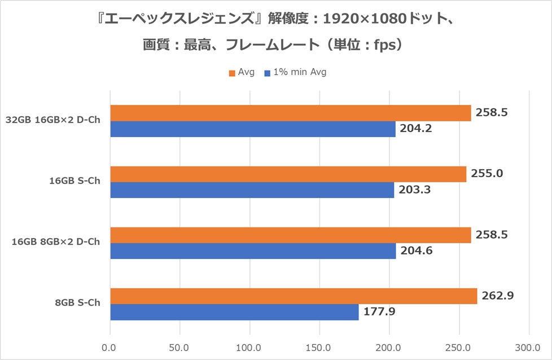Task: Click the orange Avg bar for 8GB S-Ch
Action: coord(293,296)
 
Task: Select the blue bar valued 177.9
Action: coord(234,312)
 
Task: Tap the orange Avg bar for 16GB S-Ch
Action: coord(288,174)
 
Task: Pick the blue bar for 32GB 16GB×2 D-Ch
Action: coord(253,129)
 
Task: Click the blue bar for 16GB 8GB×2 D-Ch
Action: coord(253,251)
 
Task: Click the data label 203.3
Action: coord(416,190)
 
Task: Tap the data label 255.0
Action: coord(488,173)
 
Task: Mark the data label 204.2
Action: coord(416,129)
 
